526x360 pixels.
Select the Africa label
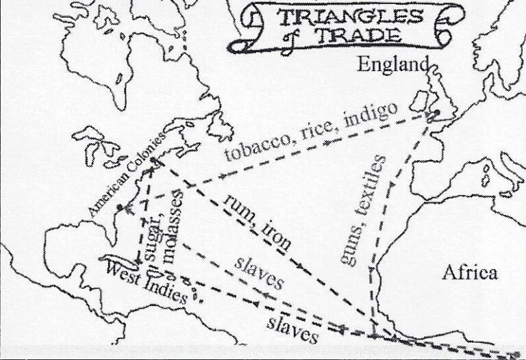[469, 273]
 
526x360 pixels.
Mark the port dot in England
[434, 114]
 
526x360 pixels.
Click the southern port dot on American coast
[121, 206]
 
